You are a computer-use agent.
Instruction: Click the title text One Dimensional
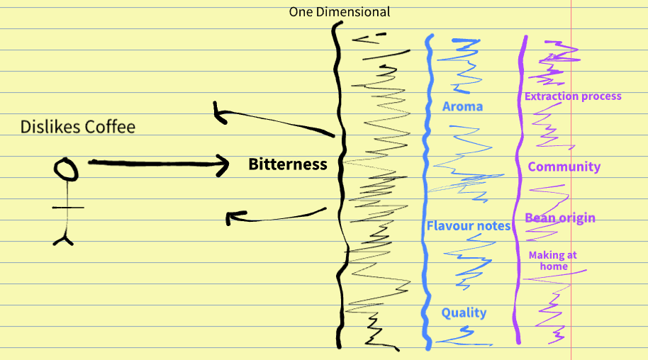tap(339, 12)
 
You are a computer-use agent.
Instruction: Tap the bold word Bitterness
tap(287, 164)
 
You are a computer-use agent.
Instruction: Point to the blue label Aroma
tap(462, 107)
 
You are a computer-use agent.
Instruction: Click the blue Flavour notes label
tap(468, 226)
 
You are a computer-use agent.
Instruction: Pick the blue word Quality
tap(464, 313)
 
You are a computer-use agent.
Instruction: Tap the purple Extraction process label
tap(572, 96)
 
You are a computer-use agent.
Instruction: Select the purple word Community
tap(564, 167)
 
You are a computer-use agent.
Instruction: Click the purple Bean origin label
tap(559, 218)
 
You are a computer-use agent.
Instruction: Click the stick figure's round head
tap(66, 169)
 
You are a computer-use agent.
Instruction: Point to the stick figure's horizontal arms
tap(68, 208)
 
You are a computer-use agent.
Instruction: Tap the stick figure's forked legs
tap(65, 238)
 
